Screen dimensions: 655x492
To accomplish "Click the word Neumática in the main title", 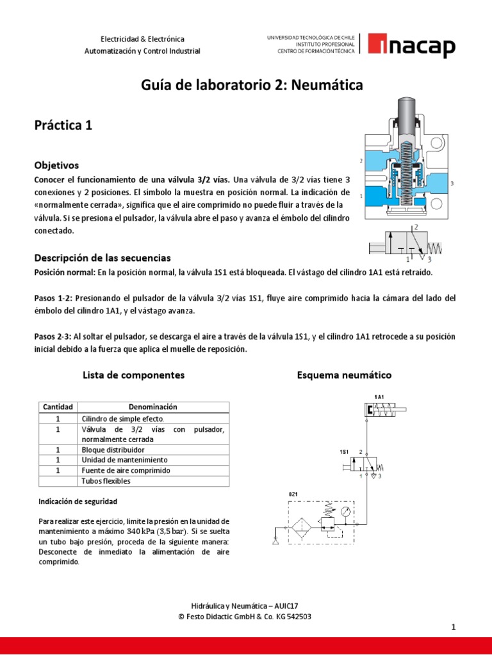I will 328,84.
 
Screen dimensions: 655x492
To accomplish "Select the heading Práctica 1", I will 63,125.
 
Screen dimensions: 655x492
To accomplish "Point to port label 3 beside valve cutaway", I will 452,183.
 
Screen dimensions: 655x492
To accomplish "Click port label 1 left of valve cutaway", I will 361,195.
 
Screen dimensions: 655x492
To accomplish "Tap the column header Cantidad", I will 58,407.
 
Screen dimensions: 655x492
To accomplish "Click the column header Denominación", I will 153,407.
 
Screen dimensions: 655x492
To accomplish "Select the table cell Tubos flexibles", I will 106,480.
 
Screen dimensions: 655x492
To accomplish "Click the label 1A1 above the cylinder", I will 379,397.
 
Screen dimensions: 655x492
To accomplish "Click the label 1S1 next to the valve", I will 344,452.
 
